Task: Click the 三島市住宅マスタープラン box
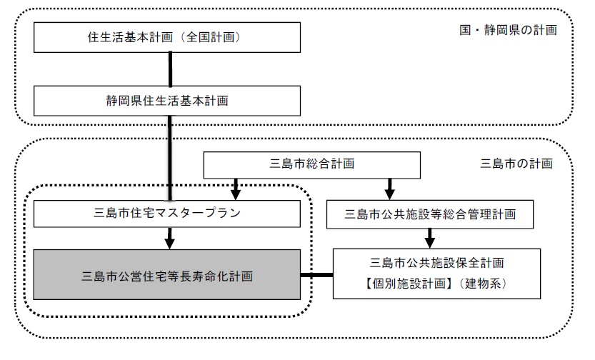(x=168, y=214)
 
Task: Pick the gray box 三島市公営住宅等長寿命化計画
(x=168, y=274)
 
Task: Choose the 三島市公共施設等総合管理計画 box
(x=430, y=214)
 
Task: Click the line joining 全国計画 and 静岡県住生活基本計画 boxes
(x=171, y=69)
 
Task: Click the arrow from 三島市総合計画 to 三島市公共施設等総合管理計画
(x=389, y=189)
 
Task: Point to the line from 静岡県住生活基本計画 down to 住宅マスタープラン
(x=171, y=157)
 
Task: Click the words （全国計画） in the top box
(x=216, y=37)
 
